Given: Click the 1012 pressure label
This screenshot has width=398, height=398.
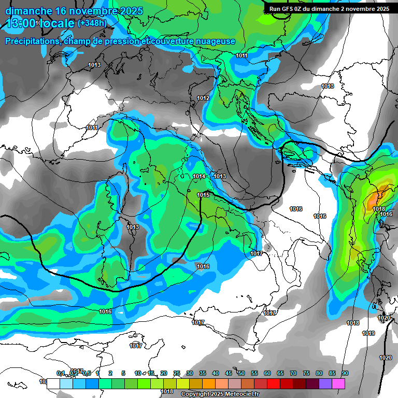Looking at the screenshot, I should [x=203, y=98].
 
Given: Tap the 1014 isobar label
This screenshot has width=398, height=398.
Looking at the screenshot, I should [x=199, y=177].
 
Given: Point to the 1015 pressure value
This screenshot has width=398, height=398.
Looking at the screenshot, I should [x=203, y=195].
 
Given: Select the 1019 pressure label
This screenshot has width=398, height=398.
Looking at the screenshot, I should [x=368, y=333].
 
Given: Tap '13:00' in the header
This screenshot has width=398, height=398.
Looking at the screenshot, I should [x=21, y=23].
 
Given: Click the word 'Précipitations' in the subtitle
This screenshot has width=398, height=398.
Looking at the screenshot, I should [x=33, y=41].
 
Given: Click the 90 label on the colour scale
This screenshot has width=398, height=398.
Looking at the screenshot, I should [x=345, y=374].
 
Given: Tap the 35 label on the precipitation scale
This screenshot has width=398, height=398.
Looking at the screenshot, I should [x=203, y=374].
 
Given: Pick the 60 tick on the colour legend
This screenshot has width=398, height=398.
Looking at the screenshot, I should [x=267, y=374].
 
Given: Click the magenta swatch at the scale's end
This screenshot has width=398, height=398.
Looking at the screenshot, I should [x=338, y=384].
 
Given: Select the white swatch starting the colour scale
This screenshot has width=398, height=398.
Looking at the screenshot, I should [x=53, y=384].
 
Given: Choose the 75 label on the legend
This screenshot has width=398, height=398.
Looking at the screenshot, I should [x=306, y=374].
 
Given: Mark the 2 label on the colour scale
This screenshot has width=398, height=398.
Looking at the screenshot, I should [x=110, y=374].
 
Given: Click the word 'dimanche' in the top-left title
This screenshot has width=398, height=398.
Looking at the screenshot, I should [x=29, y=11].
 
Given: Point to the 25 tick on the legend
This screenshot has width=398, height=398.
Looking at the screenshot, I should [x=177, y=374].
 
